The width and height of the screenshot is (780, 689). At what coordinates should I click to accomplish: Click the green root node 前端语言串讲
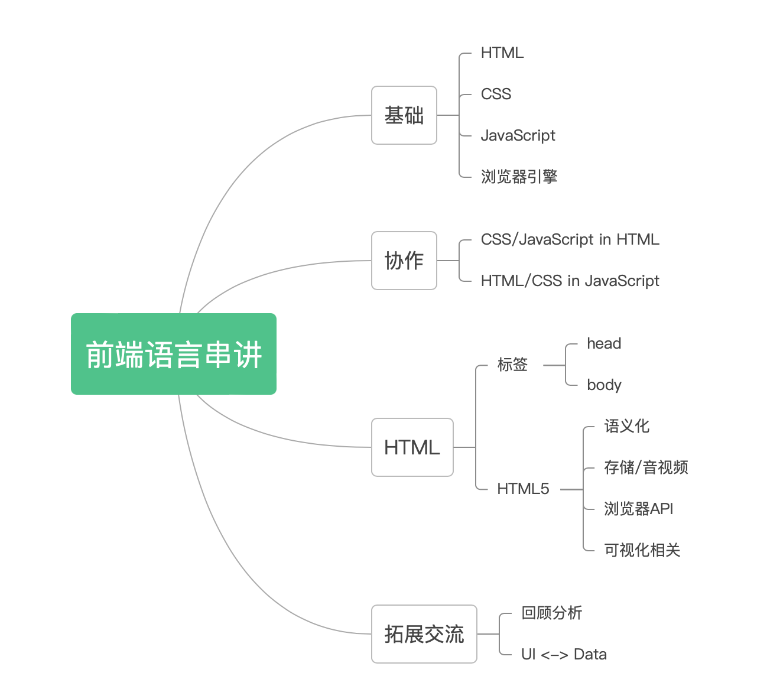click(x=173, y=353)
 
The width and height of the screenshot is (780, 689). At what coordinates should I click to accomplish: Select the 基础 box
click(x=404, y=115)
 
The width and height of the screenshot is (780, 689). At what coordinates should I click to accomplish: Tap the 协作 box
click(x=404, y=261)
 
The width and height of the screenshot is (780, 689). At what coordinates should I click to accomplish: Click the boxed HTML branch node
click(x=412, y=447)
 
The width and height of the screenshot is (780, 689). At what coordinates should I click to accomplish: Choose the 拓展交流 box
click(x=424, y=634)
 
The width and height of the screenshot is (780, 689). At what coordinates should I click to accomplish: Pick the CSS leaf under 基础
click(x=496, y=94)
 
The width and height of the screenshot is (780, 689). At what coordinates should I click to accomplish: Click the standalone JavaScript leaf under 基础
click(x=518, y=135)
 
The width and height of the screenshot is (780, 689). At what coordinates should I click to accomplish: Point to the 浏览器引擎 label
click(x=519, y=177)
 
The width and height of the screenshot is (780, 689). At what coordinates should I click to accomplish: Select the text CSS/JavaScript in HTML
click(x=570, y=239)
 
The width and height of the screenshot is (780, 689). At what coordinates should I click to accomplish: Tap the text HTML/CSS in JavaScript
click(x=570, y=281)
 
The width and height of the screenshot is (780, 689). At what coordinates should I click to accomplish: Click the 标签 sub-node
click(x=512, y=365)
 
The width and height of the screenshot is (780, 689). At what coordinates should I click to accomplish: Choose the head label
click(x=604, y=343)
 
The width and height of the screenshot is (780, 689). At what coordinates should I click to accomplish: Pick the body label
click(x=604, y=385)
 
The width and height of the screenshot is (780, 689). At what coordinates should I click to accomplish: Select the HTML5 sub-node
click(x=523, y=489)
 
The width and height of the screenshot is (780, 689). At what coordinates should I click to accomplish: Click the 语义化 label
click(x=627, y=426)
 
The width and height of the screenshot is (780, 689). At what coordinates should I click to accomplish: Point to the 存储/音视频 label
click(x=646, y=467)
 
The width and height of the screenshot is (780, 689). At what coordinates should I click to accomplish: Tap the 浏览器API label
click(x=639, y=509)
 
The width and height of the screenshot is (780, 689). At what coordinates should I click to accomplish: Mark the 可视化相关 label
click(x=642, y=550)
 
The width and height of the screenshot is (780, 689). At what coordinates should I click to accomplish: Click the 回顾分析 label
click(x=552, y=613)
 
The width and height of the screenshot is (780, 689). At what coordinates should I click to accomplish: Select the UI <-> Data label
click(x=564, y=654)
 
